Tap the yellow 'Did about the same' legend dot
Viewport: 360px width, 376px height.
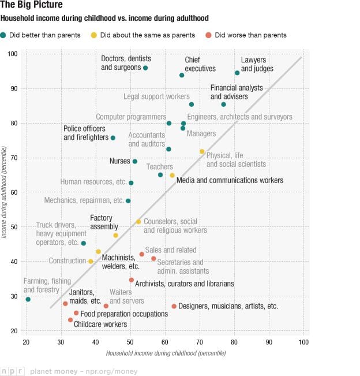94,35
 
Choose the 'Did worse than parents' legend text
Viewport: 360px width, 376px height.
250,35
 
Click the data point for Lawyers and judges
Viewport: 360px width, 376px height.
237,73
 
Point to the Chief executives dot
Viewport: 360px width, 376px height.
182,75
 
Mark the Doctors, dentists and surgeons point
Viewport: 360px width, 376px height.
145,68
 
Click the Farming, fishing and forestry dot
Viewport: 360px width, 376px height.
28,299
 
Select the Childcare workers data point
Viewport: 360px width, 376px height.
70,320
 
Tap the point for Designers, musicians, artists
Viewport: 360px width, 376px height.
174,306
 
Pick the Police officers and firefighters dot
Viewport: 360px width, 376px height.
113,138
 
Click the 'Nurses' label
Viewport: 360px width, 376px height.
120,161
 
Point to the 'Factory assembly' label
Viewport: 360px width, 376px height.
104,222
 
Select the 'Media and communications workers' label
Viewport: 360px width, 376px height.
230,181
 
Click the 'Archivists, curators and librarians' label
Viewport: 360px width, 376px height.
184,284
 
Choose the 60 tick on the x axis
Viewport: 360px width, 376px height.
165,342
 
